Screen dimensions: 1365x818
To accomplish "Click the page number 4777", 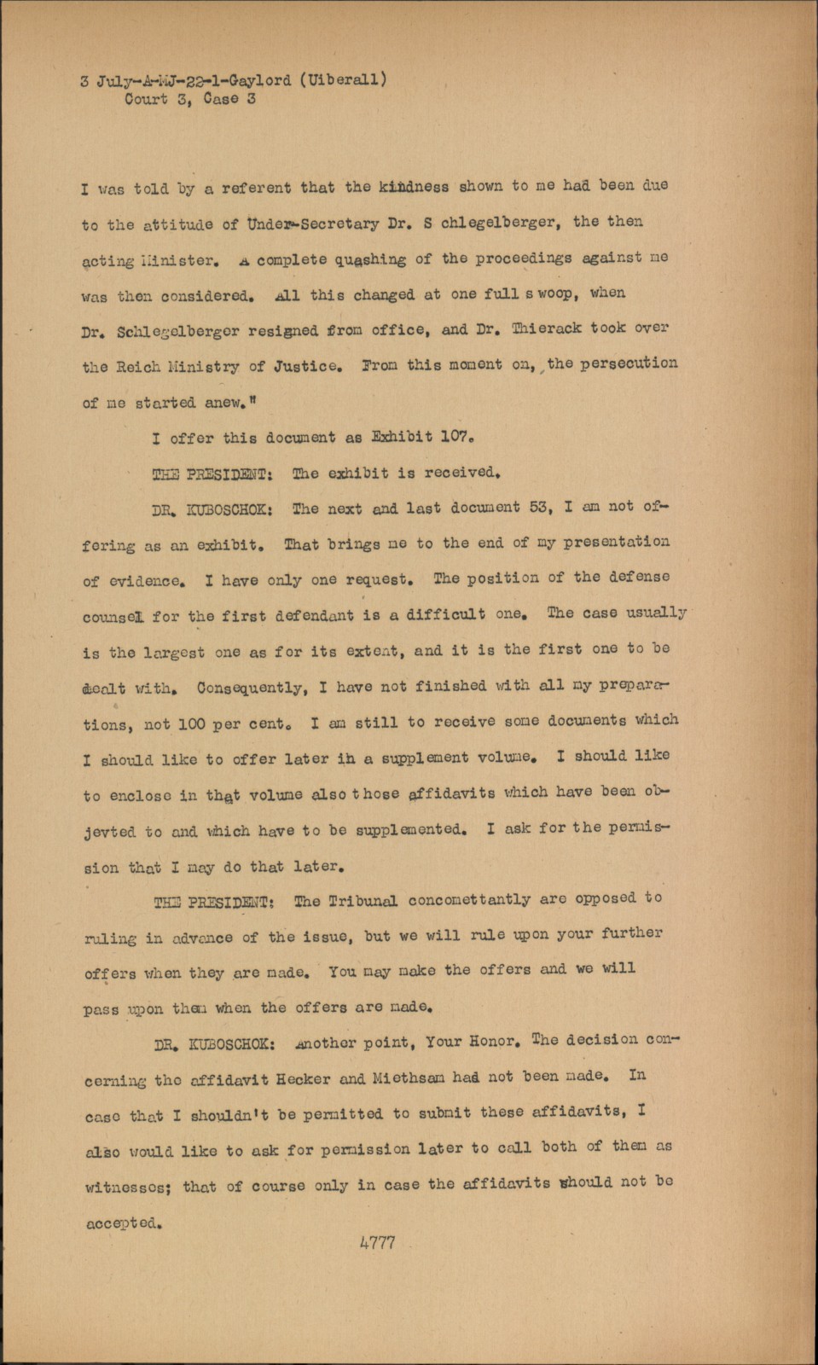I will [378, 1242].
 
